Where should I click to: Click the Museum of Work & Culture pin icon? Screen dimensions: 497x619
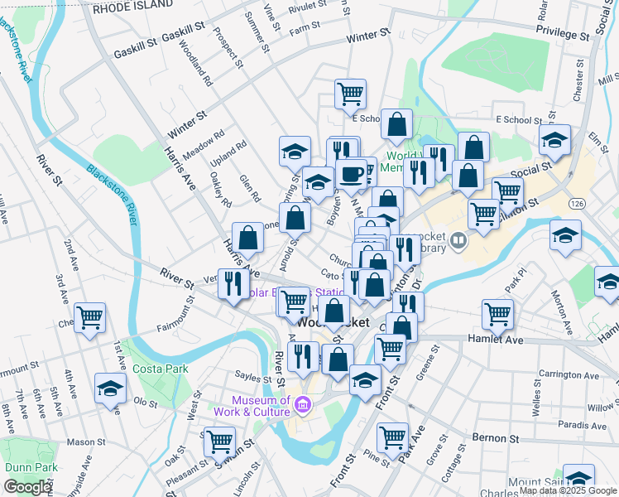coord(303,406)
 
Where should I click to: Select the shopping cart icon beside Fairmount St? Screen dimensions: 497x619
coord(90,316)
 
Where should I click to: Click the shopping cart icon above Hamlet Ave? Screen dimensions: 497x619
coord(497,313)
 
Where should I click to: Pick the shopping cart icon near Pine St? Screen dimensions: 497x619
coord(392,436)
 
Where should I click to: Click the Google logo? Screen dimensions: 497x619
coord(27,487)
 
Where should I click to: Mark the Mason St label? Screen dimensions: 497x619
coord(83,442)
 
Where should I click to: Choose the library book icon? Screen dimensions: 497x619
coord(458,242)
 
